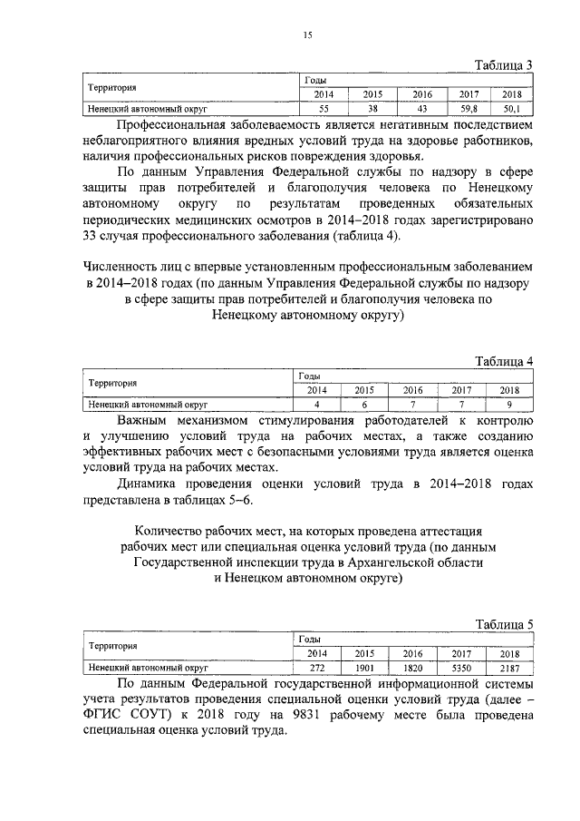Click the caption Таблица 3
(x=505, y=64)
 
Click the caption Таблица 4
(x=505, y=361)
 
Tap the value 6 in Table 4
(x=364, y=404)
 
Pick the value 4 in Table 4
(x=317, y=404)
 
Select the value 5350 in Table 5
(x=462, y=667)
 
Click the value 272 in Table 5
(x=317, y=667)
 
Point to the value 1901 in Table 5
(x=364, y=667)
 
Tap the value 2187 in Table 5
(x=509, y=667)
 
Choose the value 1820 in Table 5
(x=413, y=667)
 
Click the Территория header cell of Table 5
(x=111, y=647)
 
